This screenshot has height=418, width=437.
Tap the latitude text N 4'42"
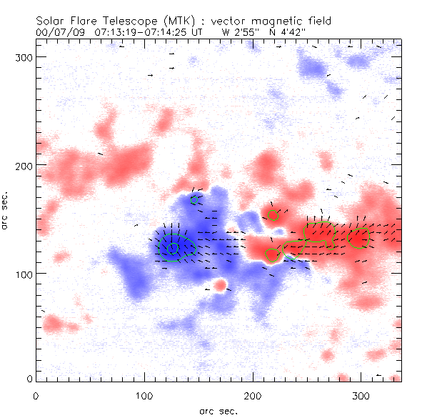tap(295, 32)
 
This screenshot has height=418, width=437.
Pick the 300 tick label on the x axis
tap(361, 393)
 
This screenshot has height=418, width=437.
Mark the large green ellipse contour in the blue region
tap(176, 245)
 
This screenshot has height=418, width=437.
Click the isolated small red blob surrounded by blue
tap(221, 285)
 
